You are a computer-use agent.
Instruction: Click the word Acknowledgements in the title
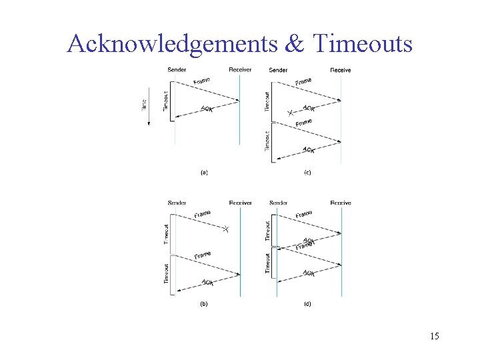172,44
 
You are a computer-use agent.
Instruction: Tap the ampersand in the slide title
295,44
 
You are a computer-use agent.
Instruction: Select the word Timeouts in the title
362,44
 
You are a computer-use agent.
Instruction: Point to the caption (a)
205,172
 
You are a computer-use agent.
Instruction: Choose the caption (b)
205,304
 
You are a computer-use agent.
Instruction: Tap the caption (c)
307,172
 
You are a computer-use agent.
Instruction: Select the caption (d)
307,304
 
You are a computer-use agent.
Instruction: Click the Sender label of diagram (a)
177,70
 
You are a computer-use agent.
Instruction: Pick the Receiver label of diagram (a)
240,70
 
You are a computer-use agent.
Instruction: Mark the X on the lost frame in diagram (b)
226,229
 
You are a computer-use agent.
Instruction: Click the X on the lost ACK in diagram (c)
289,113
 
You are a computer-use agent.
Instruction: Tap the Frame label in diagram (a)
202,81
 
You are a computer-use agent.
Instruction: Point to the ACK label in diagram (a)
207,109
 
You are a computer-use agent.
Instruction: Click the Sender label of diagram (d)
279,203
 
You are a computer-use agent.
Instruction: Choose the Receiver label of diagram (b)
240,203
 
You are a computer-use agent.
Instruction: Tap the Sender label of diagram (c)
278,70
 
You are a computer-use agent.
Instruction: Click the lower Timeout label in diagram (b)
166,273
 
